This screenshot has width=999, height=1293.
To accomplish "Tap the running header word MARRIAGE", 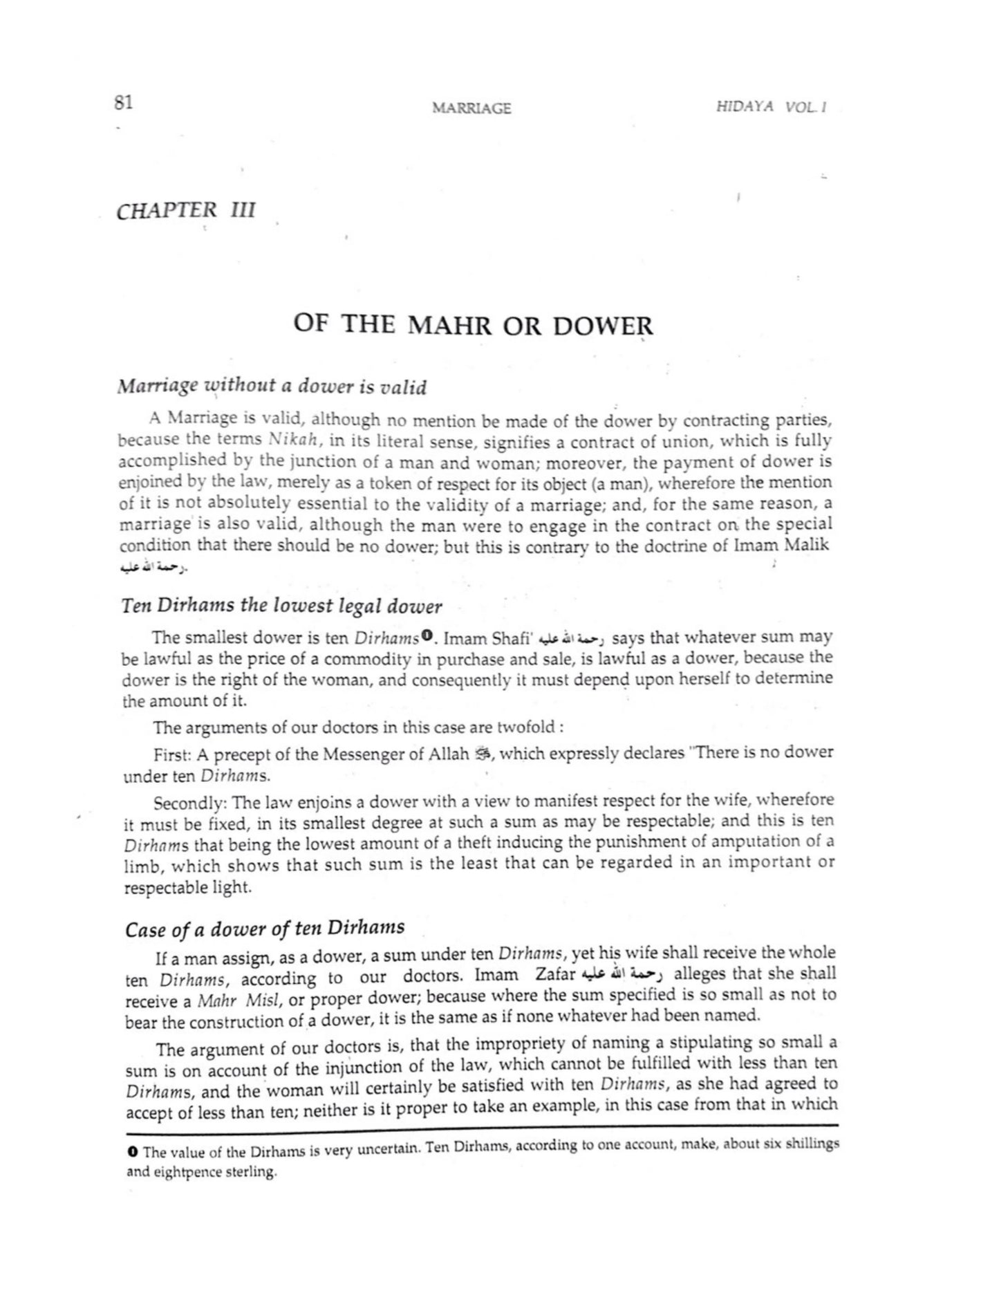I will tap(471, 108).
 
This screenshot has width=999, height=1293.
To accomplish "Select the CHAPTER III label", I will tap(186, 210).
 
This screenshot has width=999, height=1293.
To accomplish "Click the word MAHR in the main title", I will tap(448, 324).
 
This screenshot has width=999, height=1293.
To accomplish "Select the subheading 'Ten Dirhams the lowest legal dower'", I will tap(281, 606).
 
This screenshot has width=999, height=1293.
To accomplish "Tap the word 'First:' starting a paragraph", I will tap(172, 753).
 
